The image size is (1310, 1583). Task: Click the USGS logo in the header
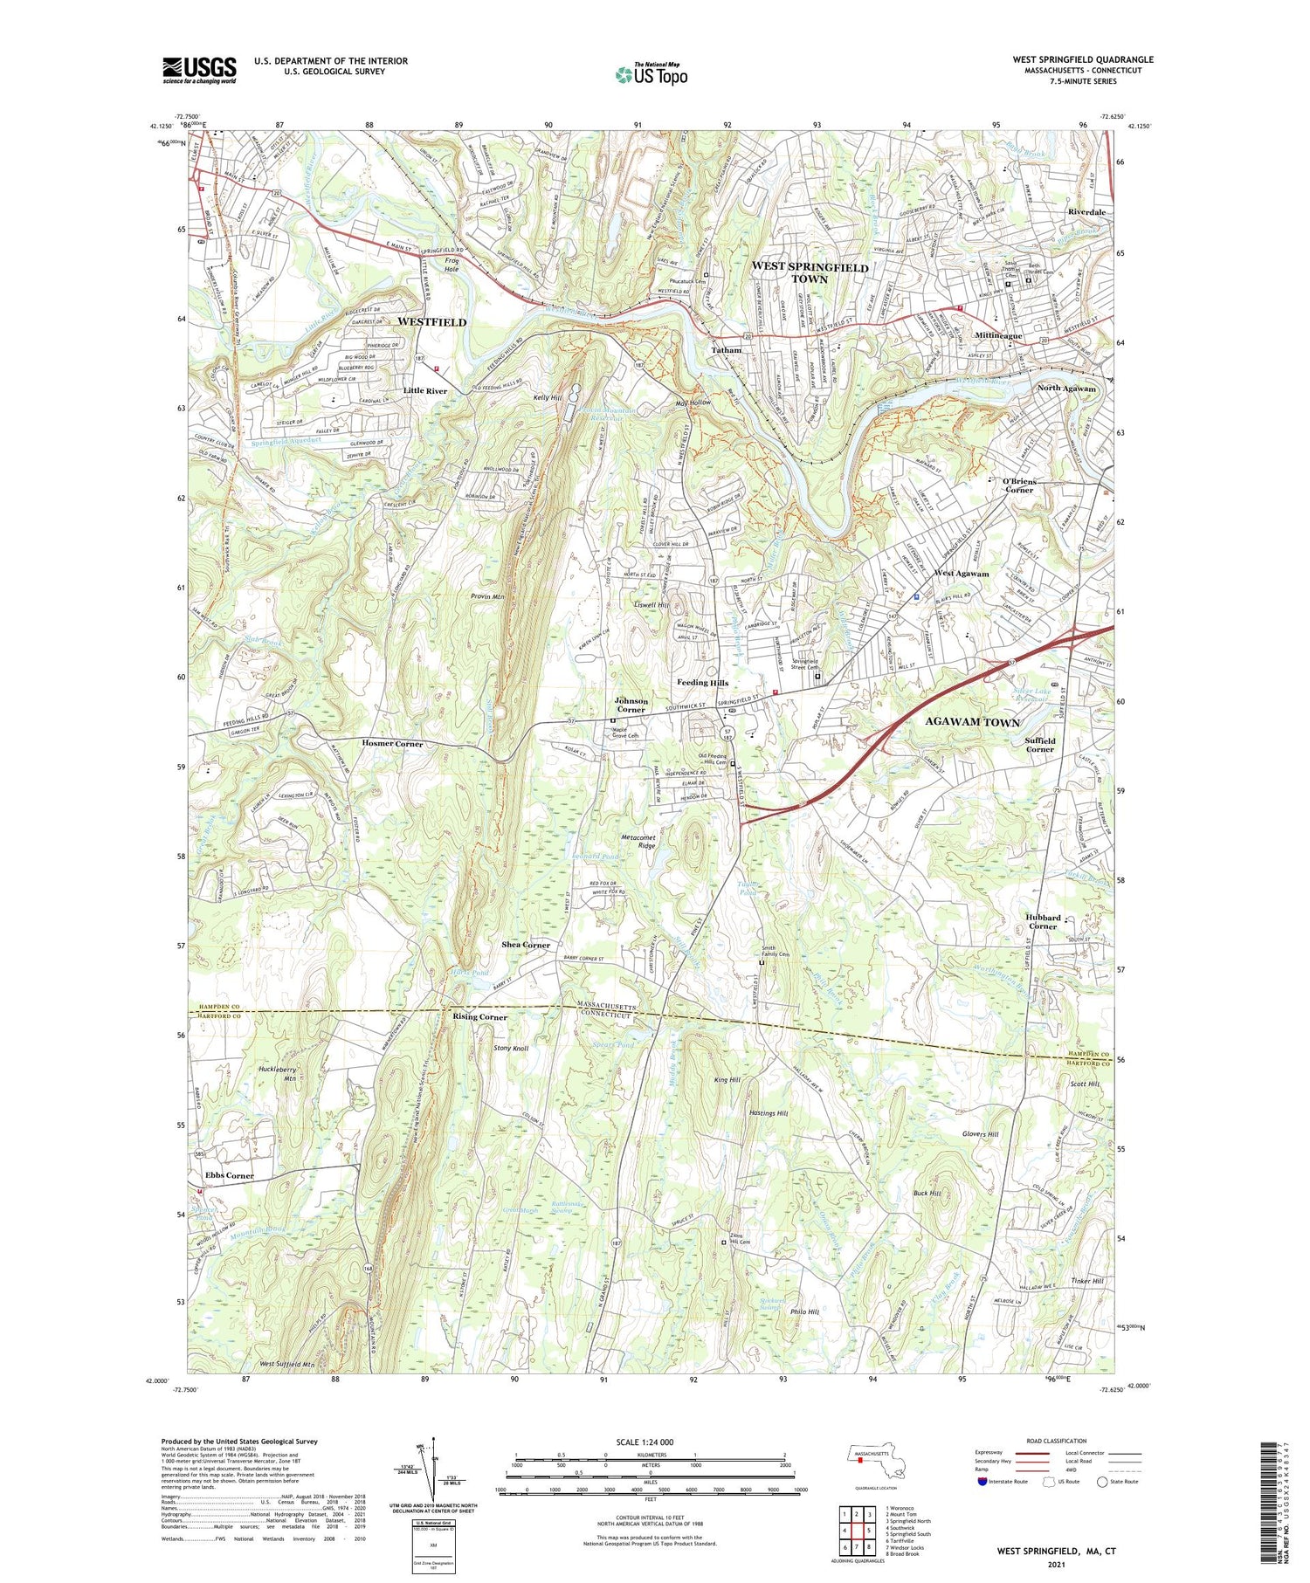tap(199, 70)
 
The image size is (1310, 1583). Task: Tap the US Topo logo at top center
tap(652, 74)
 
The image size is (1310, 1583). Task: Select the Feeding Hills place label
tap(702, 683)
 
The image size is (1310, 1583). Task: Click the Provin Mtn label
tap(486, 597)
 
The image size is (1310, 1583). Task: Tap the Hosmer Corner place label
tap(392, 744)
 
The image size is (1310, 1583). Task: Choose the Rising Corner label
tap(479, 1017)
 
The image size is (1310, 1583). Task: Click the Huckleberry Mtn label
tap(278, 1073)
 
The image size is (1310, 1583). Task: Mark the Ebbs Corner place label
tap(229, 1175)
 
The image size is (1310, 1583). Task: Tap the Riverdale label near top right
tap(1086, 212)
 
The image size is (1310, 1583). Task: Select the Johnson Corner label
tap(631, 705)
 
